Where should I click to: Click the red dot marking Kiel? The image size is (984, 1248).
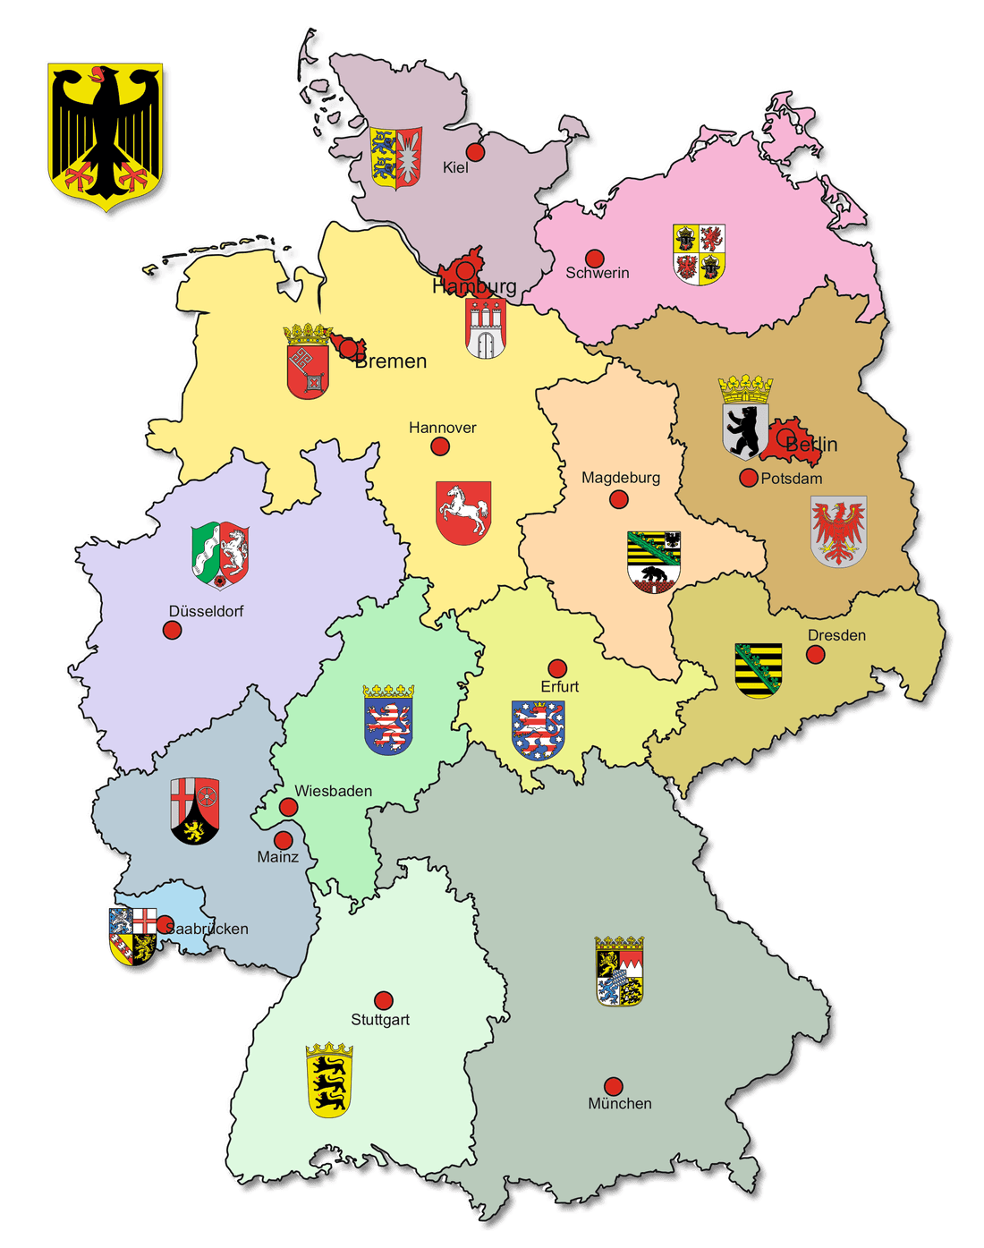point(475,152)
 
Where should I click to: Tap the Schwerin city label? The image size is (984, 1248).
point(598,273)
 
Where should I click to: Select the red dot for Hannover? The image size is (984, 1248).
point(440,446)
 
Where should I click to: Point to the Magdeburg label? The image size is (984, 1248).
point(621,478)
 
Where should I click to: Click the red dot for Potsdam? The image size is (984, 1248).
point(749,478)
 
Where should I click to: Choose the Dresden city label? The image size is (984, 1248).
point(836,635)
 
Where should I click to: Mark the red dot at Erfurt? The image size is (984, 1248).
point(557,668)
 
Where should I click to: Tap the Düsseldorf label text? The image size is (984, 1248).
point(206,611)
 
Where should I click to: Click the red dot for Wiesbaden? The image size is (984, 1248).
point(288,808)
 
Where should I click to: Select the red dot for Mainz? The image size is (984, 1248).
point(283,840)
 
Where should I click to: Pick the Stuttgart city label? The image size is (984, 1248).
point(380,1020)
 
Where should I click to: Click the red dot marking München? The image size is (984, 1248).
point(613,1086)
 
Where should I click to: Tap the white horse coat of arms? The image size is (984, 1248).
point(463,513)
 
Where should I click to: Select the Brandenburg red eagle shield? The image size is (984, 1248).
point(838,531)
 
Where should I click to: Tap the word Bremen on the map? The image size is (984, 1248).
point(391,361)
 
